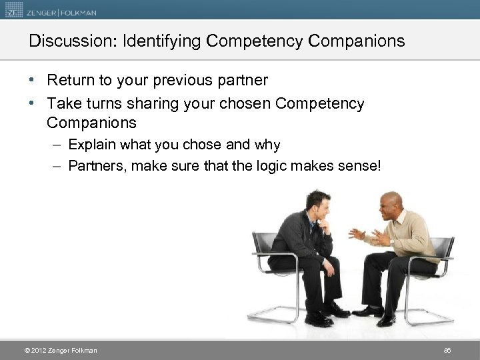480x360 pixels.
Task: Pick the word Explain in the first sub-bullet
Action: pos(90,145)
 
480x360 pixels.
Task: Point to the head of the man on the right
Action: pos(388,206)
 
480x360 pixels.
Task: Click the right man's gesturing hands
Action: pos(368,236)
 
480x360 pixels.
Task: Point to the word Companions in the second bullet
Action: pos(92,123)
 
